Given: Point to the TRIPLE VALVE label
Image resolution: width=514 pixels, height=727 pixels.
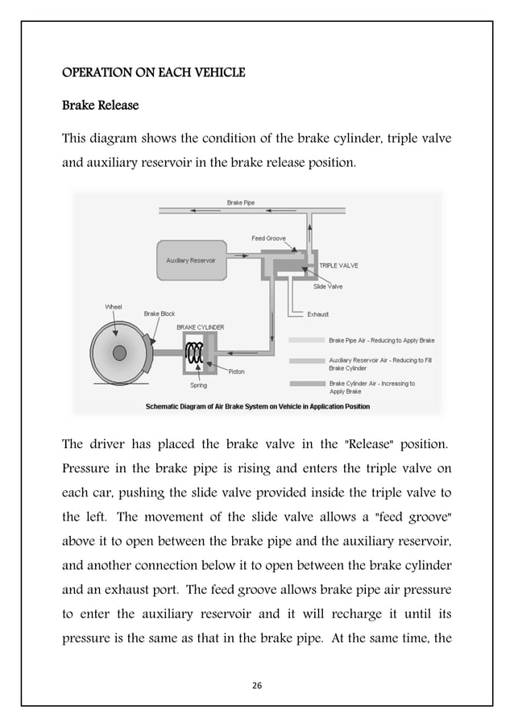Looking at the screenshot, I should tap(338, 264).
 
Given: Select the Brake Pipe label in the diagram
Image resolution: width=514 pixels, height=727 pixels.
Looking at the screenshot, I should tap(240, 202).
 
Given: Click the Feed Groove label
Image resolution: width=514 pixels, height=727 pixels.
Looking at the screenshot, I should tap(269, 239).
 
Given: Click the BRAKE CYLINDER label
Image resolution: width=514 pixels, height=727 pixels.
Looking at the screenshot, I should tap(201, 327).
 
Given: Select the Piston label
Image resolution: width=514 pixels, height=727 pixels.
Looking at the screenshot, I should tap(236, 372).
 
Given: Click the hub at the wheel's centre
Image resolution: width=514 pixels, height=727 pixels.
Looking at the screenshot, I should tap(119, 352).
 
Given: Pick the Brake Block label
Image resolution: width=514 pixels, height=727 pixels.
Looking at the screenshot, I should tap(159, 314).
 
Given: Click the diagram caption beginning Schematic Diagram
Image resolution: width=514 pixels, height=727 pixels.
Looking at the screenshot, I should tap(257, 406).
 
